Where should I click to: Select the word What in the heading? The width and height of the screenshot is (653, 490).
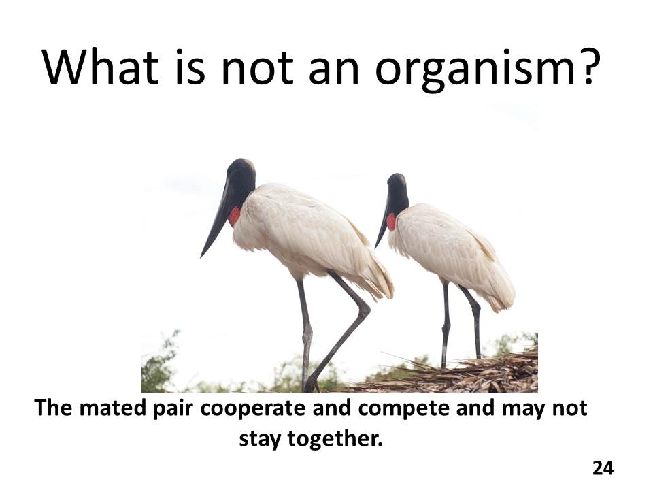point(101,66)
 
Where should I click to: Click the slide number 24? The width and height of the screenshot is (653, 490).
point(603,468)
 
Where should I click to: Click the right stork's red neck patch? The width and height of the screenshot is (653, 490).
point(391,222)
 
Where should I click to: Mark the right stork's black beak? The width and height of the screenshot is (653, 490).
point(383,225)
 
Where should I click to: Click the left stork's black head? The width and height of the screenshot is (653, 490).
point(241,177)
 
